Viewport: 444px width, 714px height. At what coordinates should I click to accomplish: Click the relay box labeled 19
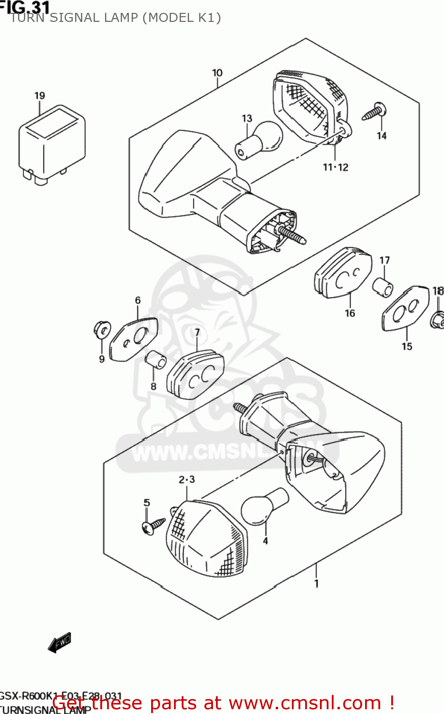(x=51, y=143)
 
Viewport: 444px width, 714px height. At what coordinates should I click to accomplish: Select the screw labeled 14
(x=375, y=113)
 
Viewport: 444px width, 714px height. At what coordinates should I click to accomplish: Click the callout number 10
(x=217, y=73)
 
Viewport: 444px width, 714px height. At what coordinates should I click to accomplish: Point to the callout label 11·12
(x=336, y=167)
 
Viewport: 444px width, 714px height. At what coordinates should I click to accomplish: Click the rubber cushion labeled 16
(x=343, y=273)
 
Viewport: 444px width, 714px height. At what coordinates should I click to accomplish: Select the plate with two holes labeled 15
(x=405, y=308)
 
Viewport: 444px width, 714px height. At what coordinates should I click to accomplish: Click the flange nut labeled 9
(x=101, y=329)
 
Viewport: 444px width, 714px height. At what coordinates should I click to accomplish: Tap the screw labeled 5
(x=153, y=526)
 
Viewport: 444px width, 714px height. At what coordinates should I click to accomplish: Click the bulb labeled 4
(x=264, y=507)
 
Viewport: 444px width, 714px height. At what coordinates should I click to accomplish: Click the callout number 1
(x=317, y=583)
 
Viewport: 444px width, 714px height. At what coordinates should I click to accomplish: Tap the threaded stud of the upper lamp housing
(x=291, y=235)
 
